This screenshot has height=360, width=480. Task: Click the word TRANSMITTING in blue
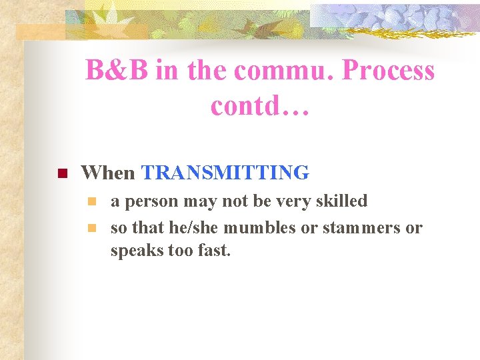click(225, 173)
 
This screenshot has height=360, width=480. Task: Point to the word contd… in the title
click(260, 105)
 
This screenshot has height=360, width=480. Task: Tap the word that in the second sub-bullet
click(146, 227)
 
